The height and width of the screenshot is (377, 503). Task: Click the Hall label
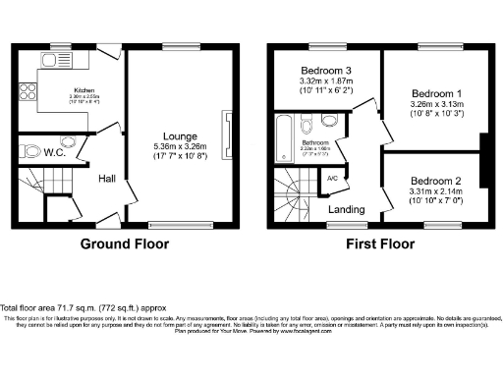pyautogui.click(x=109, y=178)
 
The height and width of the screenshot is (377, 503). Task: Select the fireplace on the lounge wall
pyautogui.click(x=228, y=133)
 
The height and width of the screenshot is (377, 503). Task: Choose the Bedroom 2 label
pyautogui.click(x=434, y=181)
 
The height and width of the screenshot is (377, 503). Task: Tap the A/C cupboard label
pyautogui.click(x=331, y=179)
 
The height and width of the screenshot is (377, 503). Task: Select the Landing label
pyautogui.click(x=346, y=209)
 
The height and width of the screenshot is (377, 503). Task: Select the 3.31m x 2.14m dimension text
pyautogui.click(x=434, y=192)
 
